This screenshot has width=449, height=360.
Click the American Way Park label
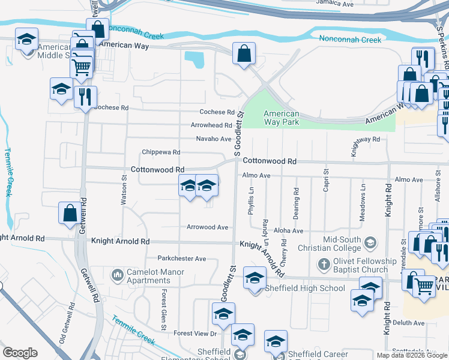282,118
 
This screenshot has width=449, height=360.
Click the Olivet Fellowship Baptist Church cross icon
324,264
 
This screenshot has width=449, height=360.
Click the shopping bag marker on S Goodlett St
244,55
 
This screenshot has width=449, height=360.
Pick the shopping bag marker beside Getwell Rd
70,212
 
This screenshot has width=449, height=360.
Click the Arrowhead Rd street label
211,125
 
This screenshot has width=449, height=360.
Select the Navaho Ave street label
213,139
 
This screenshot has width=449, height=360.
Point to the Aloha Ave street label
289,230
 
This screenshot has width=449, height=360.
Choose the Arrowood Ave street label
207,227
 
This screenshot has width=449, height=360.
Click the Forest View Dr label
195,334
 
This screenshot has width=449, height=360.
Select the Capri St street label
327,179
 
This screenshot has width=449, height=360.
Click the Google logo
20,353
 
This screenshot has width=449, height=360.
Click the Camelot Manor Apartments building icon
117,276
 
